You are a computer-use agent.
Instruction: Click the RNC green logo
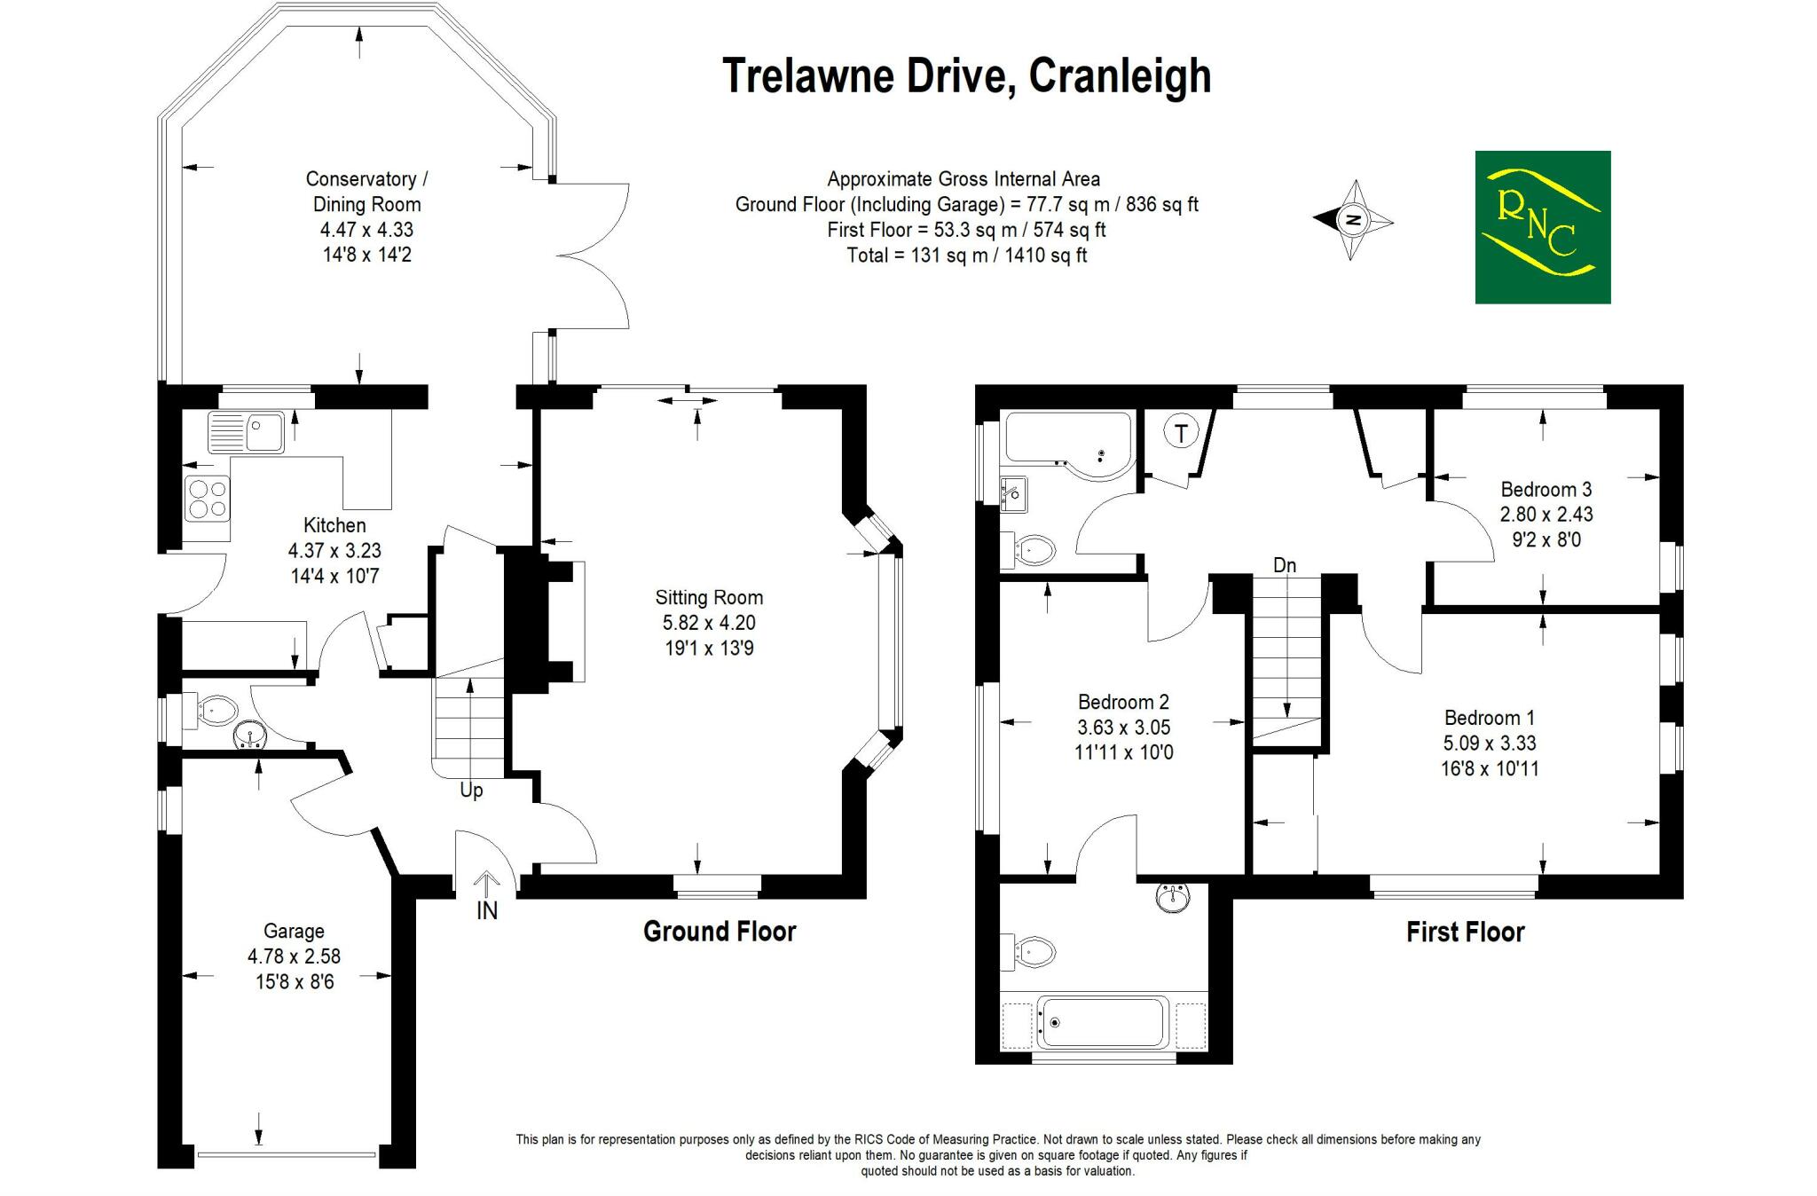(1542, 227)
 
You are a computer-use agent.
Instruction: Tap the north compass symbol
(1353, 220)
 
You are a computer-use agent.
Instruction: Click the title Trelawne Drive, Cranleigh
(966, 75)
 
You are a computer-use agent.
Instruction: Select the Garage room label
(294, 931)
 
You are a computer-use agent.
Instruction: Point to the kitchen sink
(246, 432)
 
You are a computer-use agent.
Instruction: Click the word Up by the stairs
(471, 790)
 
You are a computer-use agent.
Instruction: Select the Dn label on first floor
(1284, 565)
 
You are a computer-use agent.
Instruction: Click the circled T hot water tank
(1181, 433)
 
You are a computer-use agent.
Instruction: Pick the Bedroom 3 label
(1546, 489)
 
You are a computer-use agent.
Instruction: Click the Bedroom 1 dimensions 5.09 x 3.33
(1490, 744)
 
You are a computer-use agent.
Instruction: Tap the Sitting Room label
(709, 597)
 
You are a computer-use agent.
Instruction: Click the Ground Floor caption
(720, 931)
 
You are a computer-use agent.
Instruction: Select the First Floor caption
(1465, 932)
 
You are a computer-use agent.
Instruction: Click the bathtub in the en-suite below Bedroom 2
(1104, 1022)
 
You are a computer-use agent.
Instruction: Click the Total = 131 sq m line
(967, 256)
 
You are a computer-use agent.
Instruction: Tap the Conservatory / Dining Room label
(366, 192)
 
